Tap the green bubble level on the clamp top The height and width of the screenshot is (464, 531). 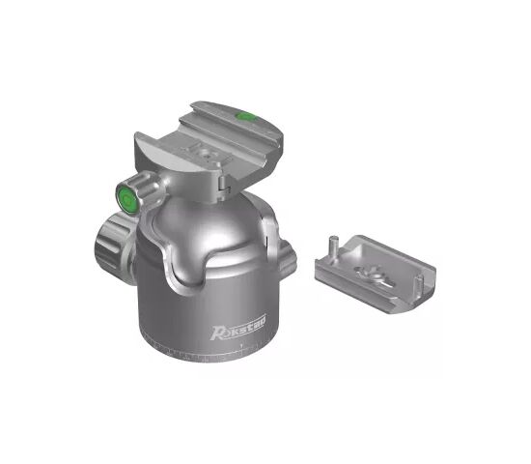(x=245, y=116)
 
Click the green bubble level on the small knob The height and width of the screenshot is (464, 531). (x=127, y=199)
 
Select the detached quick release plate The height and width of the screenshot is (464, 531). (x=376, y=273)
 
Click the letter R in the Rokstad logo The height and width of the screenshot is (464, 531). (x=217, y=333)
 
